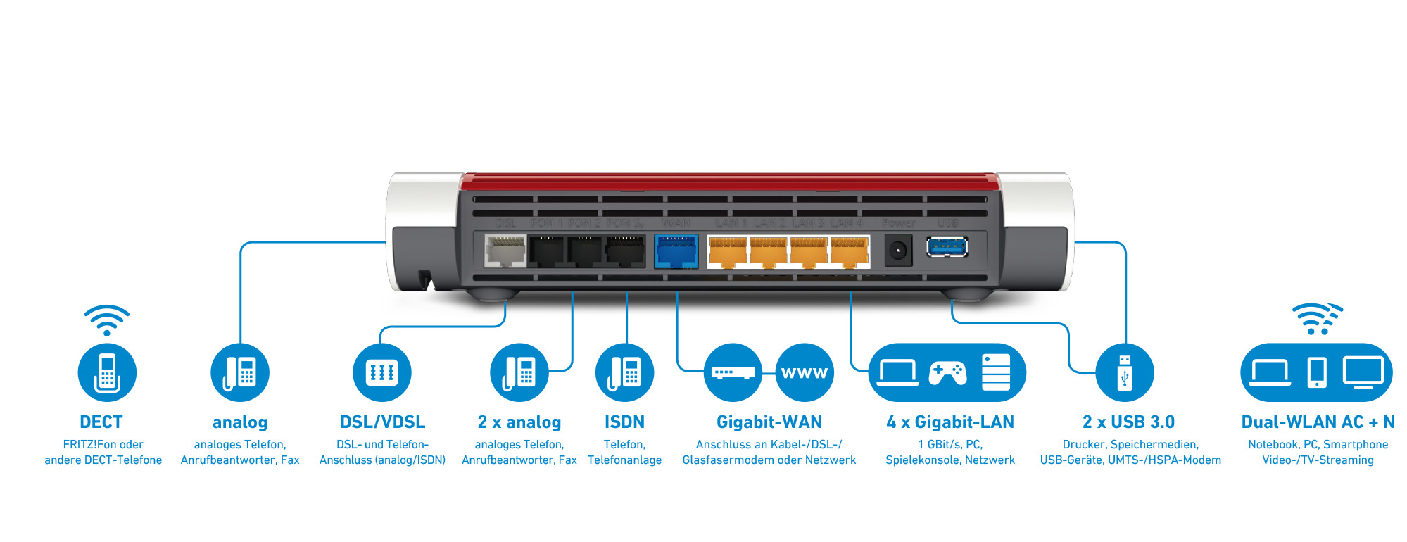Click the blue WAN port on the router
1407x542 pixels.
point(676,251)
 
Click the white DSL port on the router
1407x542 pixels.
point(505,251)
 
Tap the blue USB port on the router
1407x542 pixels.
point(947,247)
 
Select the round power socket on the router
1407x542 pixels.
point(897,251)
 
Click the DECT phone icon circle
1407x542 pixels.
point(107,372)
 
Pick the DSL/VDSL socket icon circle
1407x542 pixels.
point(382,372)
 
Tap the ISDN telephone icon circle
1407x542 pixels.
point(624,372)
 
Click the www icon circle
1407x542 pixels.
point(805,372)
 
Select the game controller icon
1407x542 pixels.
point(947,372)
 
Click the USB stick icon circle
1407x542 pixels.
point(1125,372)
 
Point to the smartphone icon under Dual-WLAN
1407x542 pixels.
point(1316,372)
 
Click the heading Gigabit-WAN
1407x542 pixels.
point(769,422)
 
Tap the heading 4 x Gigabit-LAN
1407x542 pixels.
point(950,422)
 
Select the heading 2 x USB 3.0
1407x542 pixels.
point(1128,422)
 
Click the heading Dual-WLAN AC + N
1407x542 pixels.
point(1318,422)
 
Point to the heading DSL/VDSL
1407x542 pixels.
point(382,422)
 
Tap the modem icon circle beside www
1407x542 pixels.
point(733,372)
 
